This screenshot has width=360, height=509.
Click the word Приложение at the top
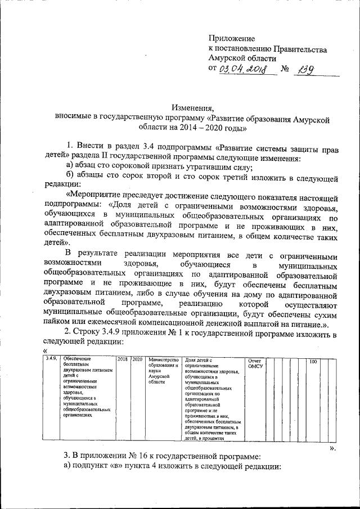(231, 39)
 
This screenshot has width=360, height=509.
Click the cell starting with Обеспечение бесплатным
(87, 394)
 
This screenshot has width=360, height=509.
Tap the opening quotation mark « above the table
(45, 352)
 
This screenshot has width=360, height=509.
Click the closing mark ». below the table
(332, 448)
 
